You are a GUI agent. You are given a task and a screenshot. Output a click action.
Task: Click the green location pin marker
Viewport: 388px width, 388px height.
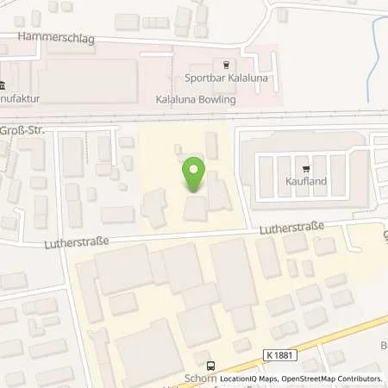point(194,175)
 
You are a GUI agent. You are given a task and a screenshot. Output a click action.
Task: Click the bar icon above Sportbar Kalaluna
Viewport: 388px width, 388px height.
point(227,63)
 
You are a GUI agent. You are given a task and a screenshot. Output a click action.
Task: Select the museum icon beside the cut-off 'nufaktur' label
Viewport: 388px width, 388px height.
point(3,85)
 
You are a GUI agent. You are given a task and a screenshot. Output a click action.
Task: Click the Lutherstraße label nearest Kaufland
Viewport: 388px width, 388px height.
point(293,227)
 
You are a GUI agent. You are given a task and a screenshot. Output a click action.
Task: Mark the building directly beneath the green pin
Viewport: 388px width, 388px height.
point(195,208)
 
